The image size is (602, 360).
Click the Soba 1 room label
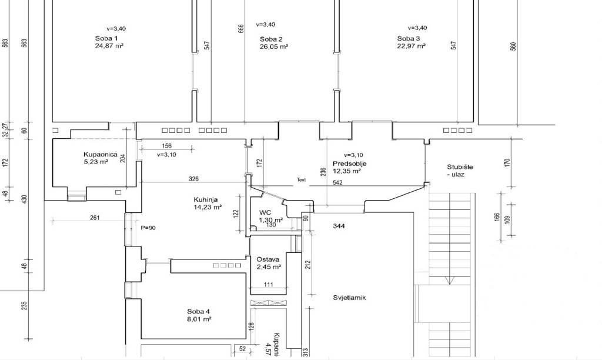pyautogui.click(x=106, y=38)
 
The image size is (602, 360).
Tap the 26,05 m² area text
pyautogui.click(x=274, y=46)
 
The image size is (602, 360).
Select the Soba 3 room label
pyautogui.click(x=409, y=38)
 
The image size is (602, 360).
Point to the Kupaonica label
pyautogui.click(x=101, y=155)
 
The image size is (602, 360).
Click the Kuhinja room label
pyautogui.click(x=206, y=200)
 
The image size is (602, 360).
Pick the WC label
pyautogui.click(x=265, y=212)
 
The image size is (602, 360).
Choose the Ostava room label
pyautogui.click(x=268, y=259)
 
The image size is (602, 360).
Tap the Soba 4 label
pyautogui.click(x=199, y=312)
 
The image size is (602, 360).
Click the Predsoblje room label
pyautogui.click(x=349, y=164)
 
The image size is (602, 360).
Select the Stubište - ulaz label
pyautogui.click(x=460, y=171)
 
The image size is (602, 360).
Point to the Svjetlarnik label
pyautogui.click(x=349, y=298)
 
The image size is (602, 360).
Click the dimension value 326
pyautogui.click(x=194, y=179)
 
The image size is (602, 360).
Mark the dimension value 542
pyautogui.click(x=337, y=183)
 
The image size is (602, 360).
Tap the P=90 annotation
pyautogui.click(x=148, y=228)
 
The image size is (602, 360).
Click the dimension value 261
pyautogui.click(x=95, y=218)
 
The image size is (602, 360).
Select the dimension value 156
pyautogui.click(x=166, y=146)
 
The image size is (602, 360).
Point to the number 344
pyautogui.click(x=339, y=226)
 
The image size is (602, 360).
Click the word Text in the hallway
pyautogui.click(x=302, y=179)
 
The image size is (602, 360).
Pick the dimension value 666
pyautogui.click(x=240, y=29)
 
